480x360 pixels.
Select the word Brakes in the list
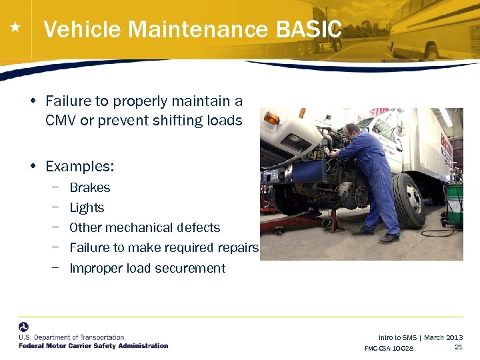click(x=90, y=188)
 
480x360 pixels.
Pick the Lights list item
click(x=87, y=208)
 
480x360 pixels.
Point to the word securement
click(x=195, y=268)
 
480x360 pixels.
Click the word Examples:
click(x=80, y=165)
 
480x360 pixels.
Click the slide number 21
click(x=458, y=347)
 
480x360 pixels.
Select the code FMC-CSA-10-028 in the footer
click(x=389, y=348)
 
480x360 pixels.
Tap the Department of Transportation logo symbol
click(x=24, y=327)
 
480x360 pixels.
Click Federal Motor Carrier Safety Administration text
click(x=93, y=345)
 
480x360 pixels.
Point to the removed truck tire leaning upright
click(x=408, y=200)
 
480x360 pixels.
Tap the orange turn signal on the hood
click(x=272, y=118)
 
